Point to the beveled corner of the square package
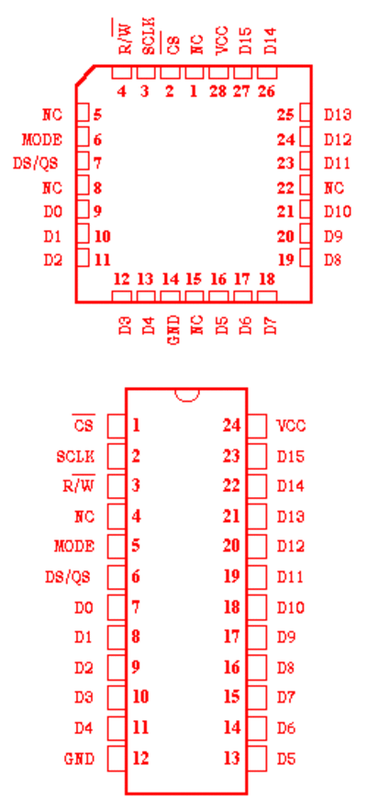pos(84,75)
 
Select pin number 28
pos(218,92)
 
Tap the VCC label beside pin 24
pos(292,426)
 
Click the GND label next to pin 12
pos(80,759)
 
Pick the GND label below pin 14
pos(173,329)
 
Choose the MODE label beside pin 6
pos(42,139)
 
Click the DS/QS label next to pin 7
pos(36,163)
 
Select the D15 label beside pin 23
pos(291,456)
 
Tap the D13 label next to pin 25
pos(338,115)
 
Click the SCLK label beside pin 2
pos(76,456)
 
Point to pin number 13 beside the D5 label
pos(232,758)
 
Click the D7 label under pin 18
pos(272,324)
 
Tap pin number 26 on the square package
pos(267,92)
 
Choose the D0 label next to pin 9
pos(52,211)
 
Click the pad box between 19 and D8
pos(306,259)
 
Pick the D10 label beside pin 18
pos(291,607)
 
